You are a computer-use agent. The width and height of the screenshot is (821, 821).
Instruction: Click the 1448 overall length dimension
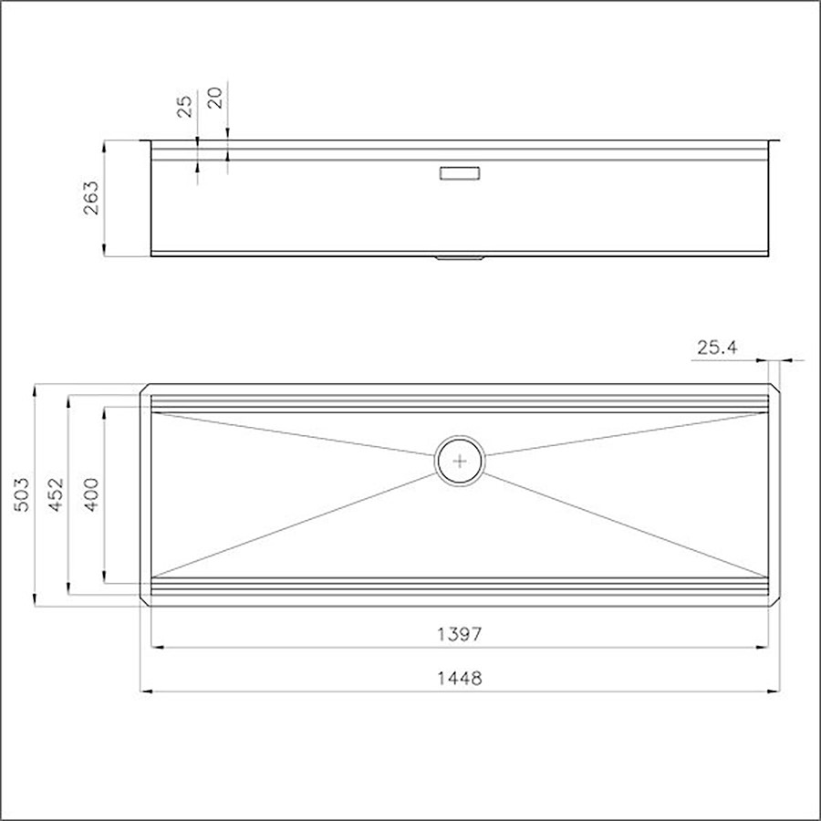click(x=459, y=679)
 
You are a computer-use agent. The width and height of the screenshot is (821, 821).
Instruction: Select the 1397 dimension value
click(x=459, y=635)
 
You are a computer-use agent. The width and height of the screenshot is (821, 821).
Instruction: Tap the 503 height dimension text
click(x=22, y=494)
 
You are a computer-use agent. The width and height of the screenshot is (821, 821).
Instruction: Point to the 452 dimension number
click(x=56, y=494)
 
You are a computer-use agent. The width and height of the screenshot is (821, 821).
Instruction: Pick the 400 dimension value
click(x=91, y=494)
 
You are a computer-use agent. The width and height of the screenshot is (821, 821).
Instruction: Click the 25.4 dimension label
click(x=717, y=348)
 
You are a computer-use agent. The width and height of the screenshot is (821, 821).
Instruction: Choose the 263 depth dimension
click(x=91, y=197)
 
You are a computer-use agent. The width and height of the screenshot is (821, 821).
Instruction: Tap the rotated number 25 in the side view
click(x=185, y=107)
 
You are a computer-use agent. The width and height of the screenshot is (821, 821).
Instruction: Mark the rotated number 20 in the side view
click(x=215, y=98)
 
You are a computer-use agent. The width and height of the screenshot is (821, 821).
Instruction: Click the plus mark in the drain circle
click(x=460, y=462)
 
